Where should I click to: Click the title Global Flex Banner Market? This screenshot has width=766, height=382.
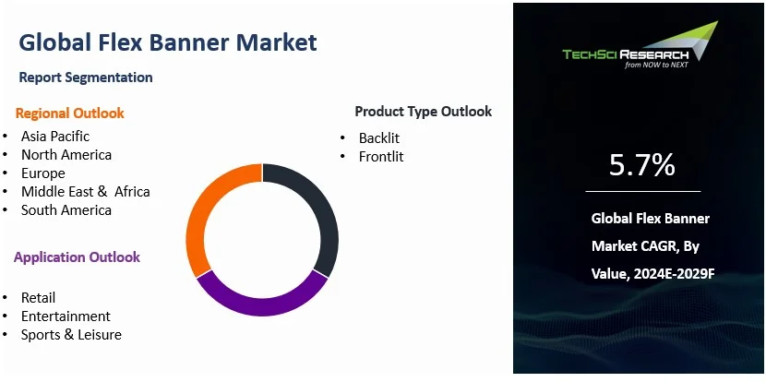click(167, 42)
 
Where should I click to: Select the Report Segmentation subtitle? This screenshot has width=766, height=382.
click(86, 78)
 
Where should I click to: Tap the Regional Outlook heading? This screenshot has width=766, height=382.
click(70, 113)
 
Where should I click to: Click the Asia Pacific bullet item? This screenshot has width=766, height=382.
click(55, 137)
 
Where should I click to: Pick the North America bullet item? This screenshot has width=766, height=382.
click(66, 155)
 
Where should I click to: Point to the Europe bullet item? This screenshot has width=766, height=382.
click(43, 173)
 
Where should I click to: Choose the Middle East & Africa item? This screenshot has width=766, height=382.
click(85, 192)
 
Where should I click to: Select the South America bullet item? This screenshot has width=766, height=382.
click(66, 210)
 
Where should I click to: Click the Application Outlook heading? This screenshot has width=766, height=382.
click(77, 257)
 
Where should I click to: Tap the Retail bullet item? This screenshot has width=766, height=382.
click(39, 298)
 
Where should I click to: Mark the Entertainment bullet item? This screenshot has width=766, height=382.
click(66, 316)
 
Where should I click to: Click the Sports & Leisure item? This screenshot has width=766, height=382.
click(71, 335)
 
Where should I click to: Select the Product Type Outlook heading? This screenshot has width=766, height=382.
click(423, 112)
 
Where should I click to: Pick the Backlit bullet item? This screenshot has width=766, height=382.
click(379, 138)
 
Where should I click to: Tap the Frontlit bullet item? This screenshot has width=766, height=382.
click(381, 157)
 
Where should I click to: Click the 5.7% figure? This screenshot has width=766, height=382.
click(642, 165)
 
